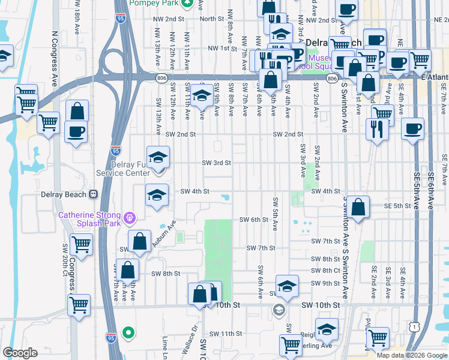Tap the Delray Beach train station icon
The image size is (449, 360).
pyautogui.click(x=93, y=194)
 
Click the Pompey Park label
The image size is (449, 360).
pyautogui.click(x=155, y=3)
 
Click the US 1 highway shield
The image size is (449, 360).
pyautogui.click(x=414, y=326)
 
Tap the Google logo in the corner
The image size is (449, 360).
pyautogui.click(x=20, y=353)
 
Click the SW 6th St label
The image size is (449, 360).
pyautogui.click(x=253, y=220)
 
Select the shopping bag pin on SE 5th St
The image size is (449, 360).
pyautogui.click(x=358, y=208)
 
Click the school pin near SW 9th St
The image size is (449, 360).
pyautogui.click(x=288, y=286)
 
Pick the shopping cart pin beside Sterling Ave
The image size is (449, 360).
pyautogui.click(x=291, y=345)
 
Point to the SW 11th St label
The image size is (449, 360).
pyautogui.click(x=226, y=334)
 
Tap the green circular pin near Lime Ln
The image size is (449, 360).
pyautogui.click(x=127, y=332)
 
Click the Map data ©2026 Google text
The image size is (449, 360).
pyautogui.click(x=411, y=355)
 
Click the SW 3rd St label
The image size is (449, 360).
pyautogui.click(x=216, y=163)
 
